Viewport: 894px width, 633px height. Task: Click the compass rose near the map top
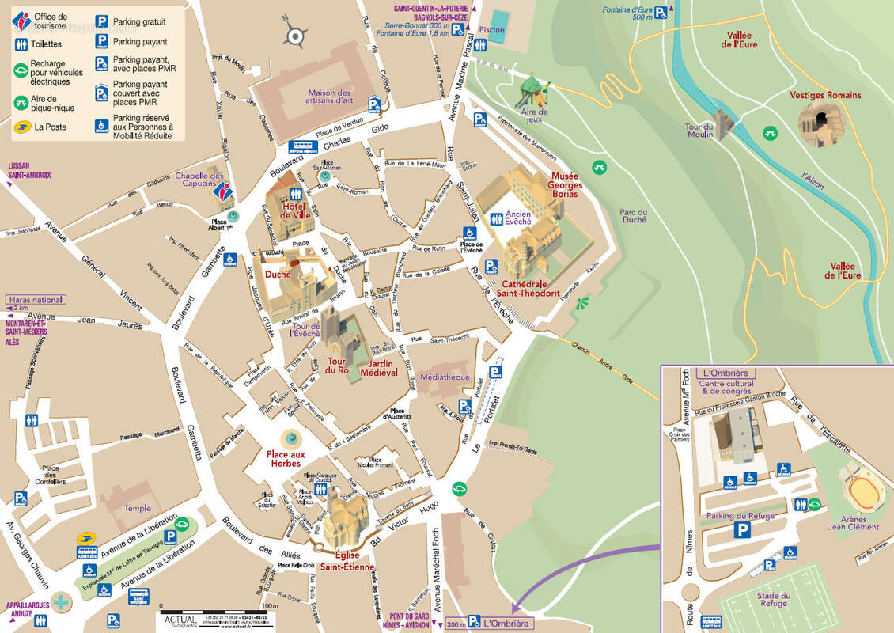click(296, 35)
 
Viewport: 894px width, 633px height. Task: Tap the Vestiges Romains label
click(825, 95)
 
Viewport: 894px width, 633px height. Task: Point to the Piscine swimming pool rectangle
click(500, 20)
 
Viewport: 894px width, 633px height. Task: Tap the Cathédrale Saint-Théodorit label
click(532, 289)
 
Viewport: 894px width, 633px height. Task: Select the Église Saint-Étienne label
click(347, 560)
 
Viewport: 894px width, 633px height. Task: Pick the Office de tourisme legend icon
click(21, 21)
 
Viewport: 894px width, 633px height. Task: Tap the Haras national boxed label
click(36, 300)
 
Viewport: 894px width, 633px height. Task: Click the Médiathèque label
click(445, 377)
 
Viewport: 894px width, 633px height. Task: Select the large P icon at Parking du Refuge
click(741, 532)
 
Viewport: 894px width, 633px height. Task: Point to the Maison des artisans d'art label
click(330, 96)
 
